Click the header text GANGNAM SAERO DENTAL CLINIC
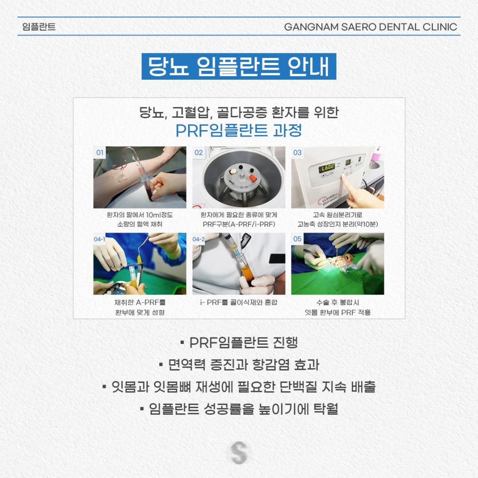click(370, 27)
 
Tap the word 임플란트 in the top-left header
click(39, 27)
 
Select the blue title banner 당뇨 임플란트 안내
click(239, 66)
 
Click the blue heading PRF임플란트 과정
click(239, 131)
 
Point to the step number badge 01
click(100, 152)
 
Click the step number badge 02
click(198, 152)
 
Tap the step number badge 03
click(297, 152)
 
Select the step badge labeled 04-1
click(99, 239)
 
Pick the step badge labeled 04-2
click(198, 239)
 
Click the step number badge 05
click(297, 239)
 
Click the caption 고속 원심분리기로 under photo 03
click(337, 215)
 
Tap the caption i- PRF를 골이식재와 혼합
click(239, 302)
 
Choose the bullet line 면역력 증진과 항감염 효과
click(239, 365)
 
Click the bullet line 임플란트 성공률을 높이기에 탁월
click(239, 409)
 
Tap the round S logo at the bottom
click(239, 453)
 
